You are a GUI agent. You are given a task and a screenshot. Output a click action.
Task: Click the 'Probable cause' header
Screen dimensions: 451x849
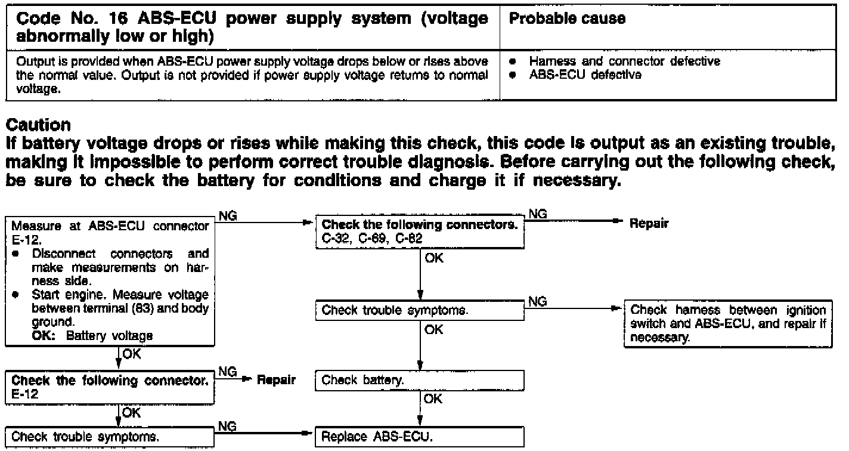pos(566,18)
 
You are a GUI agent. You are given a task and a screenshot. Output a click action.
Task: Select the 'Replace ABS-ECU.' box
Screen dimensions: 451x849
pos(420,437)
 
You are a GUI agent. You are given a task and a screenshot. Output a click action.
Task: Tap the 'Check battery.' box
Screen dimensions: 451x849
pos(420,380)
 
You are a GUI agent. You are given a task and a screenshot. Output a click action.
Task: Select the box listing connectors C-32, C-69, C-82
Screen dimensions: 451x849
pos(420,231)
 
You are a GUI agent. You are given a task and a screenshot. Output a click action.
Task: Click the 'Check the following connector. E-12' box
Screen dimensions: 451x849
pos(110,385)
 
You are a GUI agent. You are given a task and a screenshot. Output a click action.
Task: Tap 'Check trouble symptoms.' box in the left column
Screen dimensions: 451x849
pos(110,437)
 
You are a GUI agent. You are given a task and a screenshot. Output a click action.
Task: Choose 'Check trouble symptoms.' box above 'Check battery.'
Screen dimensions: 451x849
pos(420,310)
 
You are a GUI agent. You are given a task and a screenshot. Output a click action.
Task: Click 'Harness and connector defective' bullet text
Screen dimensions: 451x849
pos(625,61)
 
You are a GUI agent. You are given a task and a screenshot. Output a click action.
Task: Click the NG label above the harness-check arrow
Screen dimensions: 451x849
pos(538,302)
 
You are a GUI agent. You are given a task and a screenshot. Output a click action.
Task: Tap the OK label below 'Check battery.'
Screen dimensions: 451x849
pos(433,399)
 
